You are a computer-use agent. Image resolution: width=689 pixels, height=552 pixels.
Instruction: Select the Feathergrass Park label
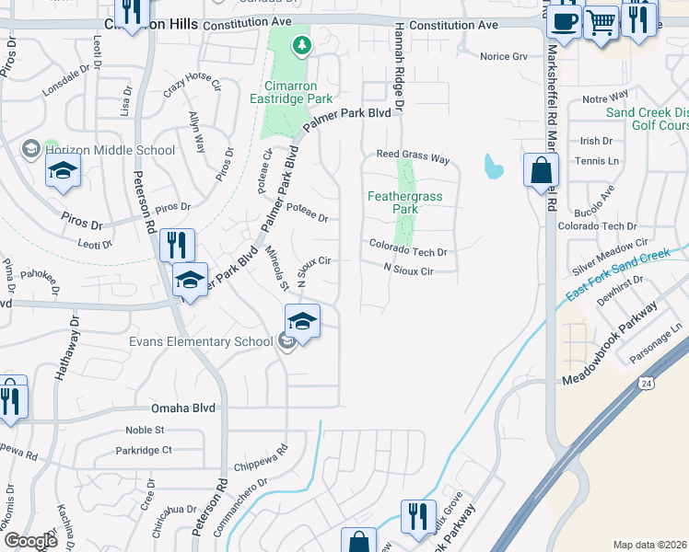coord(405,202)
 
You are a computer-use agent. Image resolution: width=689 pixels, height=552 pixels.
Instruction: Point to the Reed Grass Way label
coord(412,157)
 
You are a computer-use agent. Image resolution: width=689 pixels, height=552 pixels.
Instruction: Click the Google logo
coord(30,541)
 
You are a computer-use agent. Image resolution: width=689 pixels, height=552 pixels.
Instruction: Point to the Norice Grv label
coord(504,57)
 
